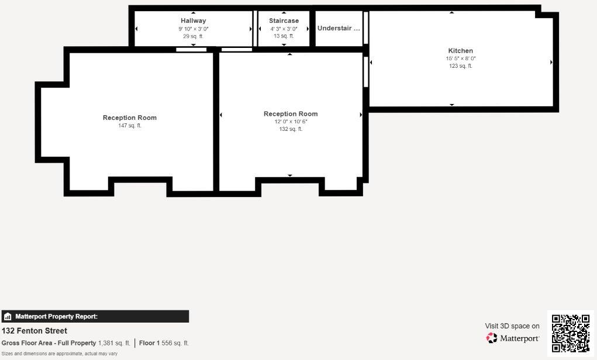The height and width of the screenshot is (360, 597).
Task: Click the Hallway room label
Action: [193, 21]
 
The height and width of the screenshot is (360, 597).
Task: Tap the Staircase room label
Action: [284, 21]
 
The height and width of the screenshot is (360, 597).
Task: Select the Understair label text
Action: [339, 28]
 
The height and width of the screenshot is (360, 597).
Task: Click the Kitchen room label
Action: [460, 51]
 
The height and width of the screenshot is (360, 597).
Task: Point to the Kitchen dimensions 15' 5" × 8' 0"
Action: [461, 58]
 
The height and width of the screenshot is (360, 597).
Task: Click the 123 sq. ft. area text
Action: [461, 66]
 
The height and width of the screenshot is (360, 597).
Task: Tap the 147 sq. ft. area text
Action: [130, 126]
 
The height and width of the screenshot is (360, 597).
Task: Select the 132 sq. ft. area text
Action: [291, 129]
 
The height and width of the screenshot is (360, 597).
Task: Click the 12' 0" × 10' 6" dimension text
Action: [291, 122]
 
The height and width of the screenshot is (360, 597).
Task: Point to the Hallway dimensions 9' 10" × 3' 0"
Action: [193, 29]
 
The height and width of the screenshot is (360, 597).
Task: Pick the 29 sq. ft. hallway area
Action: [193, 36]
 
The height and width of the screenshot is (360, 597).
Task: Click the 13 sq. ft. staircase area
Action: [284, 36]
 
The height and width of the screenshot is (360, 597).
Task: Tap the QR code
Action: [571, 333]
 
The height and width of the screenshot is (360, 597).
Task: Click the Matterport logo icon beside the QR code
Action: [492, 338]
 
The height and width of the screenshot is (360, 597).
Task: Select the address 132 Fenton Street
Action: [34, 331]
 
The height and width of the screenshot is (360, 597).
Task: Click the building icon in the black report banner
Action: [8, 317]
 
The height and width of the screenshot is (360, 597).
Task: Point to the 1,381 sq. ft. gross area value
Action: [114, 343]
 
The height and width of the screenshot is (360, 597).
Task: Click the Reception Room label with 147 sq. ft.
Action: [130, 118]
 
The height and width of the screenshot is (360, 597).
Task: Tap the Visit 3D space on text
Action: [512, 326]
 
